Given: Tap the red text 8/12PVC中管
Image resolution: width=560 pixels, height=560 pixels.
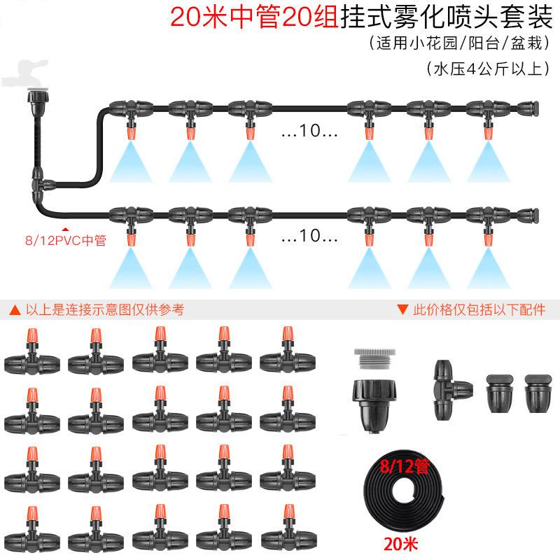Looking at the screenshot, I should pyautogui.click(x=64, y=241).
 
